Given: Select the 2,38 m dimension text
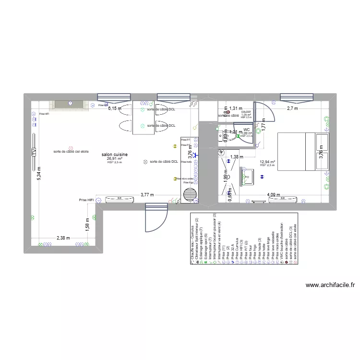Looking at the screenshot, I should [x=63, y=238].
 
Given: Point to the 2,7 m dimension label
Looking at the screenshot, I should [x=293, y=108].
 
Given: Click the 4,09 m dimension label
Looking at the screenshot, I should [x=275, y=195].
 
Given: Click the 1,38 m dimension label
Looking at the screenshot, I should [x=234, y=157].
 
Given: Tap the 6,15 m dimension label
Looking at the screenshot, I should [x=114, y=108].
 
